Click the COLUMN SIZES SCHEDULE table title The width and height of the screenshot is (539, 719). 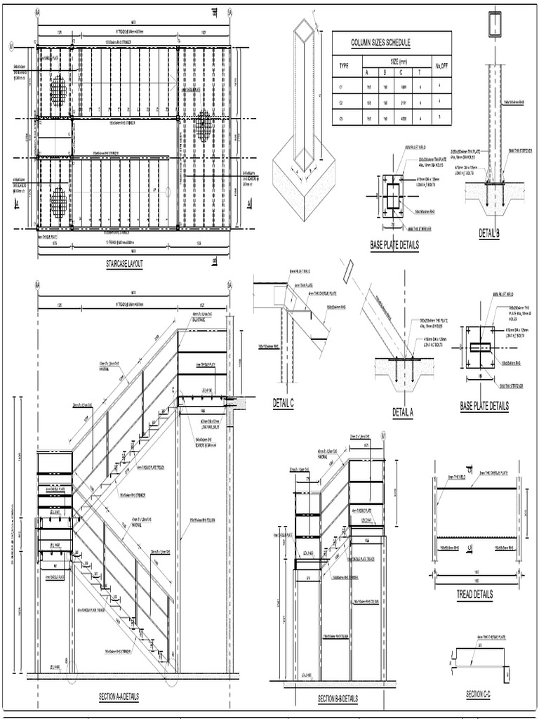coord(380,43)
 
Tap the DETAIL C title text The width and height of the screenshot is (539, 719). coord(283,402)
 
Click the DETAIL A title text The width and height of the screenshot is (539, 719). coord(403,413)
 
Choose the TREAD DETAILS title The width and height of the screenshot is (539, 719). coord(474,594)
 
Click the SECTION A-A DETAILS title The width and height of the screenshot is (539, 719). coord(119,697)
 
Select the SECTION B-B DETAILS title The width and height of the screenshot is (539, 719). coord(338,699)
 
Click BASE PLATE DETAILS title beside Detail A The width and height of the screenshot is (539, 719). coord(484,406)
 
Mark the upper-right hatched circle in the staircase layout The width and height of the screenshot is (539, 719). coord(204,125)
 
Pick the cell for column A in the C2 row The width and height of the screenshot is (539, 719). coord(366,102)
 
